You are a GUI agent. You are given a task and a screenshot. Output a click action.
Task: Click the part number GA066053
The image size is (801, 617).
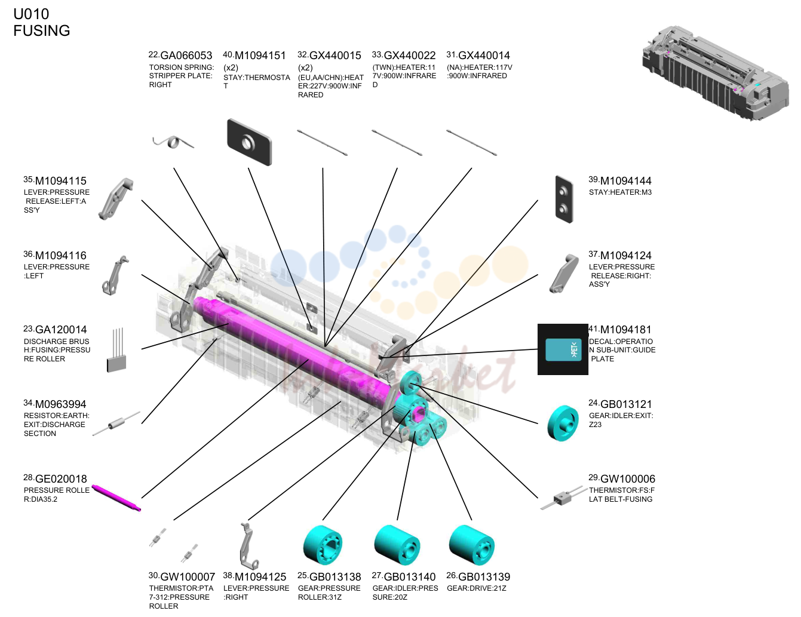pos(186,56)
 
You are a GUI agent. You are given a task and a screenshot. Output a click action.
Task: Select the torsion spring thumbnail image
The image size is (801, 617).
pos(173,142)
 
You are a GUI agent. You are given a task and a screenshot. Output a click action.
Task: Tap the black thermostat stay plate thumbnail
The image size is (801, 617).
pos(250,142)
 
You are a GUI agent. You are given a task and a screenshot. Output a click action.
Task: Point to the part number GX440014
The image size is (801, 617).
pos(484,56)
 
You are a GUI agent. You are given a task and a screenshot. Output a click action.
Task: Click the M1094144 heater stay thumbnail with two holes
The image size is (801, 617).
pos(564,199)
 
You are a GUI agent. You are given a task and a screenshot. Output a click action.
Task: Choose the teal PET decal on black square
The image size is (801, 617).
pos(563,349)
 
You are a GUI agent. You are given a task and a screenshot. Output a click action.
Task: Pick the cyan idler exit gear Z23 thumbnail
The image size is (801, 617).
pos(563,423)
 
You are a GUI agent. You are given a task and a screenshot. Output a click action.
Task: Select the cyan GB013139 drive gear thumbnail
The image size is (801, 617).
pos(472,545)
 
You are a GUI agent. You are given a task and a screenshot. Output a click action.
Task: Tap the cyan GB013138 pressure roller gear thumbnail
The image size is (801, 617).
pos(323,545)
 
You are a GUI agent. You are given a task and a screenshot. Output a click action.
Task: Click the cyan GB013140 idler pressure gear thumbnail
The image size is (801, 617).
pos(397,545)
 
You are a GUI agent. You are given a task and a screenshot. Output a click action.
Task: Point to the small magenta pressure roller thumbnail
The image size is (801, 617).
pos(116,498)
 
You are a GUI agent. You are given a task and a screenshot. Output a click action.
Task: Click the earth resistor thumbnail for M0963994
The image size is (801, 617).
pos(116,423)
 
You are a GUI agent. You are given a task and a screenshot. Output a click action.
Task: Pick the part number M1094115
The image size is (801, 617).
pos(61,181)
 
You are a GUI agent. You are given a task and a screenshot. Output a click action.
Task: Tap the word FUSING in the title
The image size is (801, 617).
pos(42,30)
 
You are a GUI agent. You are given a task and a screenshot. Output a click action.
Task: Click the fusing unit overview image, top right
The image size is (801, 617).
pos(715,73)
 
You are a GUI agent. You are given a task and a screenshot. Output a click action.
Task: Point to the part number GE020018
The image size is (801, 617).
pos(61,479)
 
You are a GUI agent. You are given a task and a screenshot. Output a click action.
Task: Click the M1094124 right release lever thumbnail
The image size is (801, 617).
pos(564,274)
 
